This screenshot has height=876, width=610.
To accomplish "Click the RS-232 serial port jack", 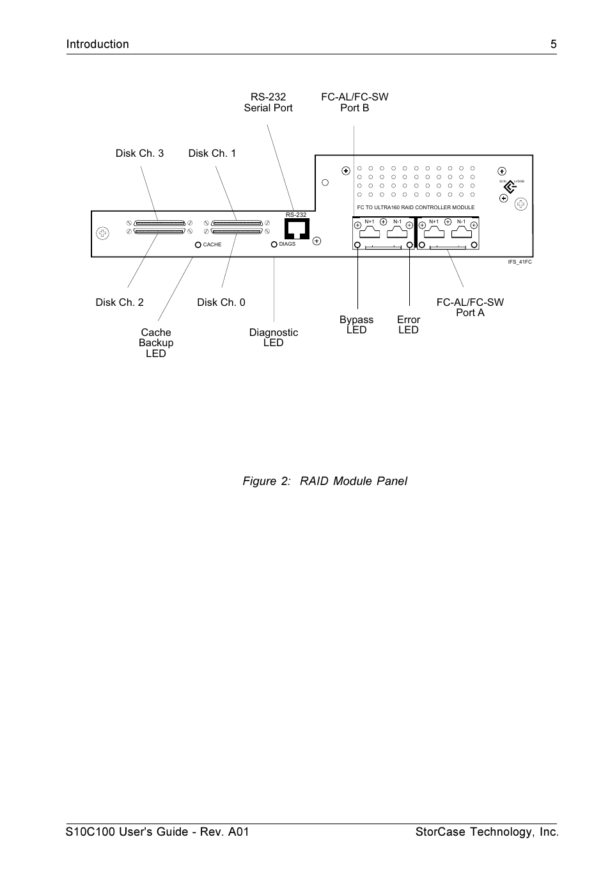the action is pyautogui.click(x=297, y=228).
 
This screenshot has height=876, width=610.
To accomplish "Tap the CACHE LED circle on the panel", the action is pyautogui.click(x=198, y=245).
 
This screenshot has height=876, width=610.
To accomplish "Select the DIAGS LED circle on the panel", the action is pyautogui.click(x=274, y=244).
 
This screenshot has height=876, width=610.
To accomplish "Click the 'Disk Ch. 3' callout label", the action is pyautogui.click(x=139, y=154).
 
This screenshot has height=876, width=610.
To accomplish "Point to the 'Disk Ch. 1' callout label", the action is pyautogui.click(x=212, y=154).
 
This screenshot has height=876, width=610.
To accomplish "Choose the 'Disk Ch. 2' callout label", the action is pyautogui.click(x=120, y=303).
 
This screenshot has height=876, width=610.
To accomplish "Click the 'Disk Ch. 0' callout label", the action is pyautogui.click(x=221, y=303).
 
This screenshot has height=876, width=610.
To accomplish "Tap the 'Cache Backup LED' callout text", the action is pyautogui.click(x=156, y=343).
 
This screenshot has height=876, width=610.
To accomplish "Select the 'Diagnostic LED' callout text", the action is pyautogui.click(x=274, y=338).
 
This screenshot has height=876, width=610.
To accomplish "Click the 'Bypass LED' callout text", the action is pyautogui.click(x=356, y=325).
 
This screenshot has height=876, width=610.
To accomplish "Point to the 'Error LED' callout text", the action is pyautogui.click(x=409, y=325).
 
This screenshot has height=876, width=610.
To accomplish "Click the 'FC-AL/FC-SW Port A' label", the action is pyautogui.click(x=470, y=308).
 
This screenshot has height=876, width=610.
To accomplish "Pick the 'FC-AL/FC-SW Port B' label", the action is pyautogui.click(x=354, y=102).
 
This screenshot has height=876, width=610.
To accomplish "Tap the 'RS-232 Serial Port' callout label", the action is pyautogui.click(x=268, y=102).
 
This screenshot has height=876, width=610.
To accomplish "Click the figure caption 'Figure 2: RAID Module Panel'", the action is pyautogui.click(x=325, y=481).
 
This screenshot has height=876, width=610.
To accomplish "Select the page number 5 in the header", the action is pyautogui.click(x=554, y=44).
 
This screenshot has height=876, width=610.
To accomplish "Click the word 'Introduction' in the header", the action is pyautogui.click(x=98, y=44).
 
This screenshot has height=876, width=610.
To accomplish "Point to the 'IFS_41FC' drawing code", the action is pyautogui.click(x=520, y=262).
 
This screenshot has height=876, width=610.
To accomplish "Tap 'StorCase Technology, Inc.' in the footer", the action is pyautogui.click(x=487, y=832).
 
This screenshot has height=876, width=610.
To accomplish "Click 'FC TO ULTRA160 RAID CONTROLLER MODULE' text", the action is pyautogui.click(x=416, y=207).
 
